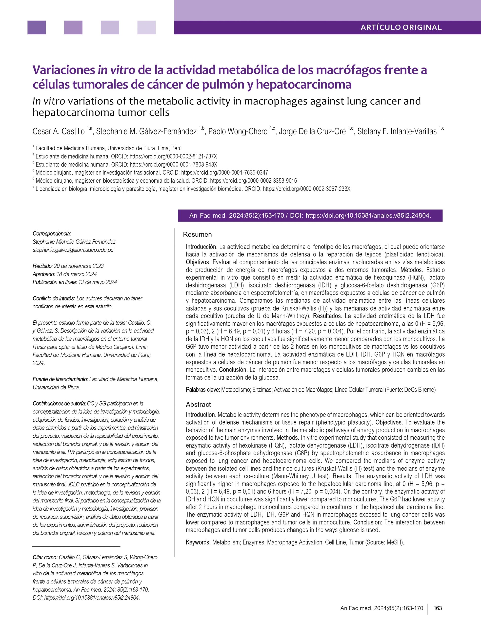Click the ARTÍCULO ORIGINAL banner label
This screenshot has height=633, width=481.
click(x=401, y=27)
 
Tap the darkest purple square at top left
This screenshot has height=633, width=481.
click(x=36, y=27)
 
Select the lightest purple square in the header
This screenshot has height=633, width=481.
click(x=146, y=27)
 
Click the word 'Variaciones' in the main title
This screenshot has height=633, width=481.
click(x=63, y=70)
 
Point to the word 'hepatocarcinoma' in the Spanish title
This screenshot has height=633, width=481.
click(x=303, y=85)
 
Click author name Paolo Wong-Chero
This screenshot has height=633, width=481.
click(x=238, y=132)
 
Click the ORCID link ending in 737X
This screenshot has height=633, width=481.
click(x=173, y=157)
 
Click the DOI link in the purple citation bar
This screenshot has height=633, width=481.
click(x=368, y=216)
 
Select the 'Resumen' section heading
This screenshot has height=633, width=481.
click(x=197, y=234)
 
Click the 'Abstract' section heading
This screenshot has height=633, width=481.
click(x=198, y=405)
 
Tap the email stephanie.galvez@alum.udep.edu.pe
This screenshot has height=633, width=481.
click(x=73, y=250)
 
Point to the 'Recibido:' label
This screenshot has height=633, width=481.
click(x=43, y=266)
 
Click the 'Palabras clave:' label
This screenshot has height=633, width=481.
click(x=203, y=390)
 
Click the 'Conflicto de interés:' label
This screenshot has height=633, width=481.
click(x=54, y=298)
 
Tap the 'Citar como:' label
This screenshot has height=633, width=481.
click(x=45, y=557)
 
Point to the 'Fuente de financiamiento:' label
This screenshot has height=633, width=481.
click(x=60, y=379)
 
